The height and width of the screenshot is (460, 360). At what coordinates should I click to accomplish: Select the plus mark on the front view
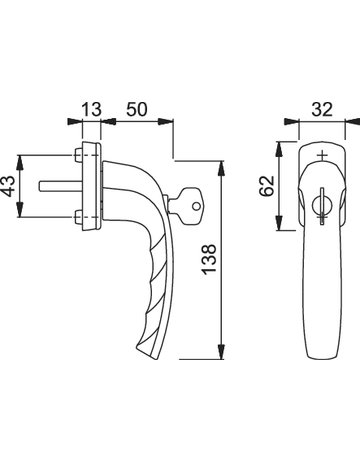[x=322, y=157]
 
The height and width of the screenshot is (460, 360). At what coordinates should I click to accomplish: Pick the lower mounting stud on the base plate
[x=78, y=220]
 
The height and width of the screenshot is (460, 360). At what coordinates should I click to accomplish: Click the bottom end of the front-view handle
[x=323, y=356]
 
